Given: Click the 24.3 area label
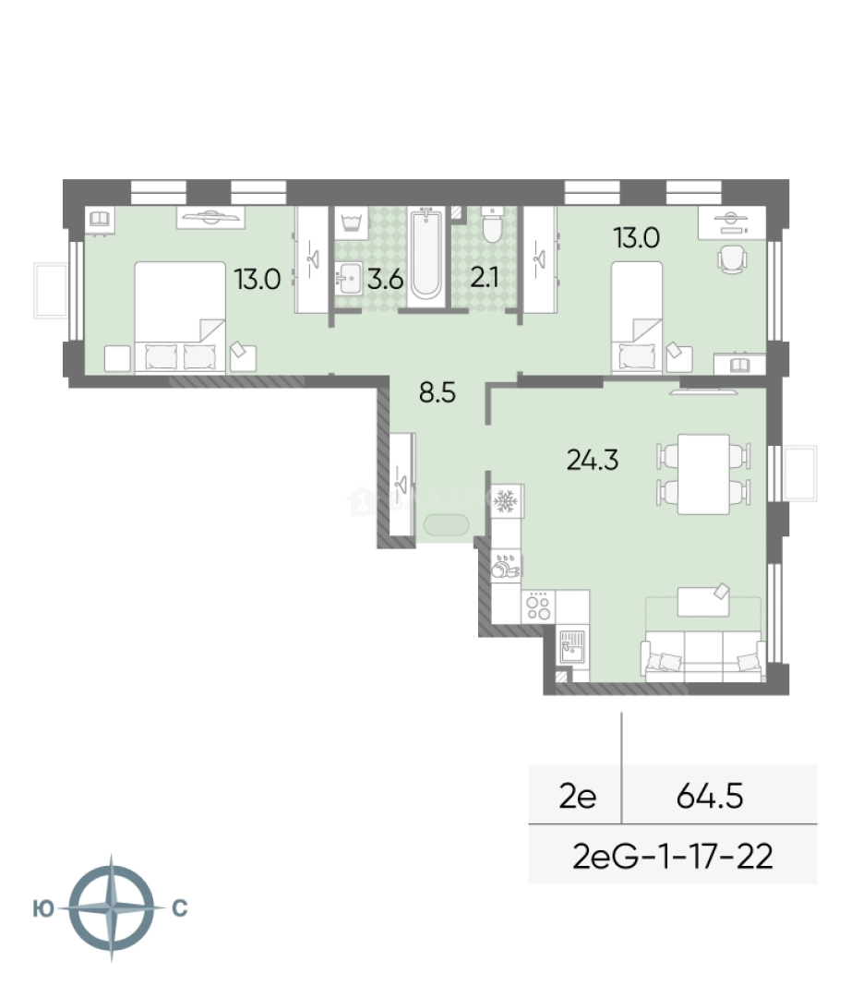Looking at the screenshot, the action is click(593, 459).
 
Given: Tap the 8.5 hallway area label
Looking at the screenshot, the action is click(437, 393).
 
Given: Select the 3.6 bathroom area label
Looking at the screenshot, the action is click(385, 279).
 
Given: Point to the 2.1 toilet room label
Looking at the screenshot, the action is click(485, 279).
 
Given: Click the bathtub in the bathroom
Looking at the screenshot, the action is click(425, 256).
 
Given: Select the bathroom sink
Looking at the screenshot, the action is click(350, 278).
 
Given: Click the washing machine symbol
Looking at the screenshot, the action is click(350, 223).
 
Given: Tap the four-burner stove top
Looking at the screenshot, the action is click(538, 606).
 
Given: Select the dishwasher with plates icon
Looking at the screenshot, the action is click(506, 565).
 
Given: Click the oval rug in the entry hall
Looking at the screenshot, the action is click(447, 525).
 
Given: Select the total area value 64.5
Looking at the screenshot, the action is click(709, 796).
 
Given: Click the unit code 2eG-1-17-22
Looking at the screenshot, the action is click(673, 856).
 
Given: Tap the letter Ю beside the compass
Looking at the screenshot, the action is click(43, 909).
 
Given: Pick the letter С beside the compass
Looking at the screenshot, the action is click(180, 908).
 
